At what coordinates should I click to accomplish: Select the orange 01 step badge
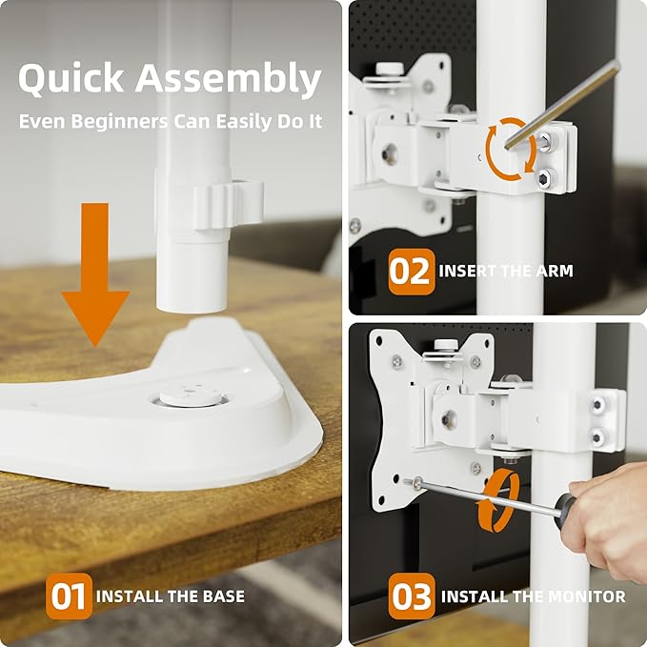click(x=69, y=596)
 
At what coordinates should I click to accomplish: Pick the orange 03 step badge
click(x=412, y=597)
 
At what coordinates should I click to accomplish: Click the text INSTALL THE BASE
click(x=171, y=597)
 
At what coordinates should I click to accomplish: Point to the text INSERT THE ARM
click(x=506, y=272)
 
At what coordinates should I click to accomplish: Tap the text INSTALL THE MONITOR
click(x=533, y=597)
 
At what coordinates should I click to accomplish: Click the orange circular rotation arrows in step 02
click(x=511, y=148)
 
